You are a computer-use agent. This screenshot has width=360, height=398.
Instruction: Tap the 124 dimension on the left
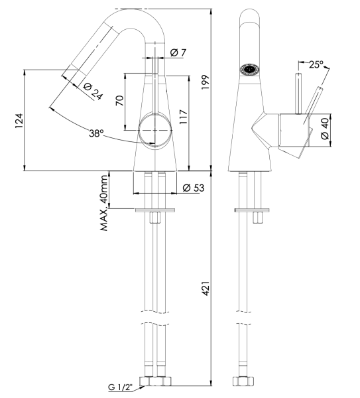pos(19,120)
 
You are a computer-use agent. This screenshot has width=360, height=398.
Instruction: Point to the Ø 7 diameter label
pos(177,53)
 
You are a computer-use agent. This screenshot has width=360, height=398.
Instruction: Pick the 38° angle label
pos(98,133)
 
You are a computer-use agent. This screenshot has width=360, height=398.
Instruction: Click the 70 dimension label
pos(120,101)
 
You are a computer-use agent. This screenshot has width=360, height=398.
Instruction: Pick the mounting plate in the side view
pos(253,211)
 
